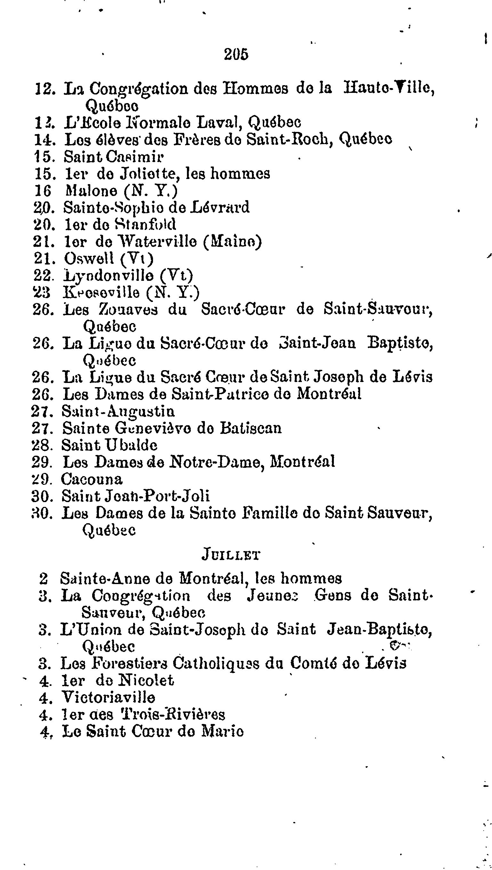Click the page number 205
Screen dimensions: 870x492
[x=236, y=54]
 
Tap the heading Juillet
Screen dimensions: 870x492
[x=230, y=555]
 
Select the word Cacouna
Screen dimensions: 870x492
[x=92, y=479]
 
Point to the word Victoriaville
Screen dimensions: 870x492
[x=108, y=697]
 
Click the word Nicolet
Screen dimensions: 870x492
[x=147, y=680]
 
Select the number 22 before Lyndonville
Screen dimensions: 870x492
[x=42, y=276]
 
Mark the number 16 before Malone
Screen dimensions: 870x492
[x=43, y=191]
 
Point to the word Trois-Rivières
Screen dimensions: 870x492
[x=173, y=714]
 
